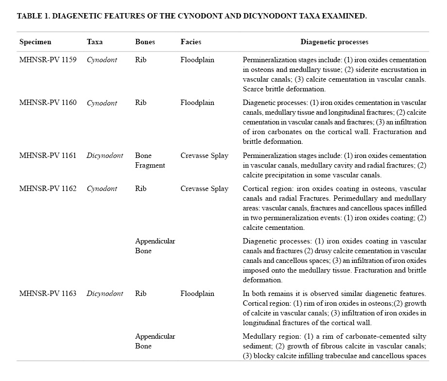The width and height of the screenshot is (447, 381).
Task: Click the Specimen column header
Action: point(35,42)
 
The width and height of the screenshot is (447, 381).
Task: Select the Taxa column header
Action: point(94,42)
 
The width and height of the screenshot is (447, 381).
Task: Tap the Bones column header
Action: point(145,42)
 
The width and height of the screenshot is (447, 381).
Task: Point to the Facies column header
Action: point(190,42)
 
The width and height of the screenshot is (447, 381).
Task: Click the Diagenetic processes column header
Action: point(334,42)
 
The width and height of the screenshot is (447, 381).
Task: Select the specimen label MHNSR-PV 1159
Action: point(48,60)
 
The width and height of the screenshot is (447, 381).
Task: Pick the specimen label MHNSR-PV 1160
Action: point(48,103)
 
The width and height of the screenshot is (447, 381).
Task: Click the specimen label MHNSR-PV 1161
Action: point(48,156)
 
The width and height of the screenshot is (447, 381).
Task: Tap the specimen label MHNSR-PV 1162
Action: point(48,189)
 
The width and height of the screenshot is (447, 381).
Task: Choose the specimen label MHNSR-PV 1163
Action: point(48,294)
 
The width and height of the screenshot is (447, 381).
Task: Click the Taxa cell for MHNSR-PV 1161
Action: point(104,156)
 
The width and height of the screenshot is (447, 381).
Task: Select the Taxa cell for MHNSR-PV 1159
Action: point(102,60)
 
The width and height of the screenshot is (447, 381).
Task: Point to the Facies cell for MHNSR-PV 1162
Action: point(204,189)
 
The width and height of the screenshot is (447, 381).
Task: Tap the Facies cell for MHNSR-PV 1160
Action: point(197,103)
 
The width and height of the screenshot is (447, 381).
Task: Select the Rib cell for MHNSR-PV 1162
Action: point(140,189)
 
